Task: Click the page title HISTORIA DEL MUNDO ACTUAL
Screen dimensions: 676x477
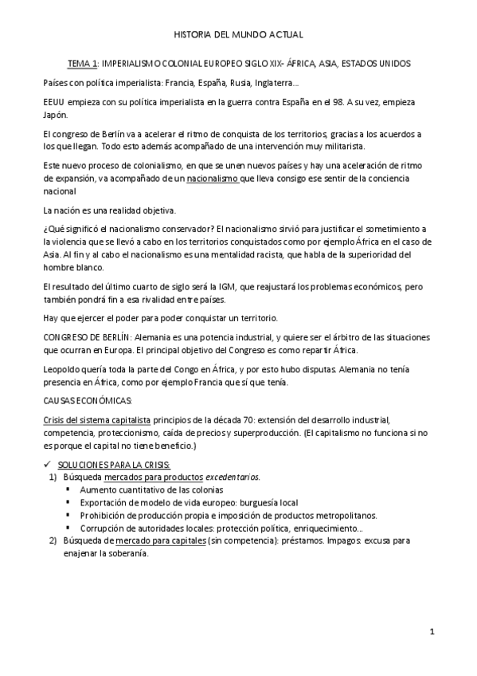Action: pos(238,34)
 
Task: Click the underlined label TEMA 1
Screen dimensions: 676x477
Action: pos(82,62)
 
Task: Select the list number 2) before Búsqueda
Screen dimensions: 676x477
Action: pos(53,540)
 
